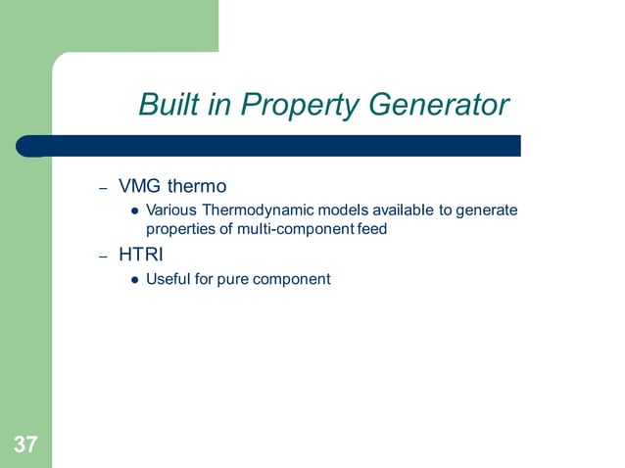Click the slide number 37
click(x=25, y=445)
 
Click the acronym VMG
click(x=140, y=185)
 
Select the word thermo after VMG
click(x=196, y=185)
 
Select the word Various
click(x=171, y=211)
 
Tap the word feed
click(x=373, y=229)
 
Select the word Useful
click(x=168, y=279)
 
